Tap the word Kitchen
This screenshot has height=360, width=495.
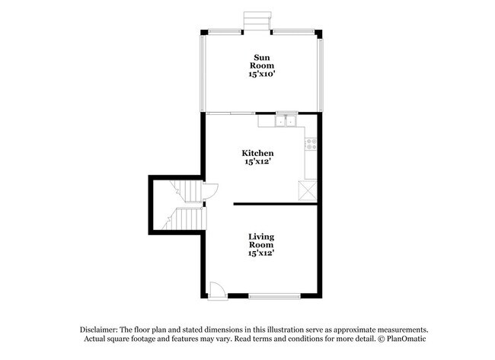[x=258, y=153]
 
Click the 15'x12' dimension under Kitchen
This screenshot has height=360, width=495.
[x=258, y=162]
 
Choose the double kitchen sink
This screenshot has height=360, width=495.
[x=287, y=121]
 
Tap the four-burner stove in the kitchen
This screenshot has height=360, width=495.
[x=311, y=142]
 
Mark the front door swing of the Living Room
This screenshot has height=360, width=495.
[x=216, y=290]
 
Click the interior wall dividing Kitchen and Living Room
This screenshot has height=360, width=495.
[x=274, y=204]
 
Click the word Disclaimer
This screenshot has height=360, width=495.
[x=103, y=328]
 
